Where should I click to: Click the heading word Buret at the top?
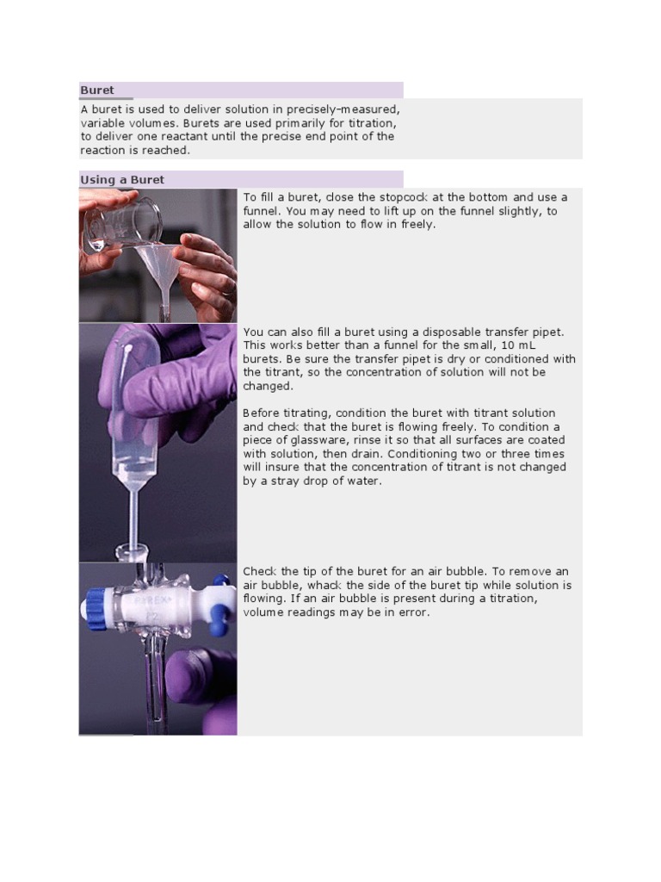coord(97,90)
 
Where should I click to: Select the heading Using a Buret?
coord(122,180)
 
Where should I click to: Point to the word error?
coord(411,612)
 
